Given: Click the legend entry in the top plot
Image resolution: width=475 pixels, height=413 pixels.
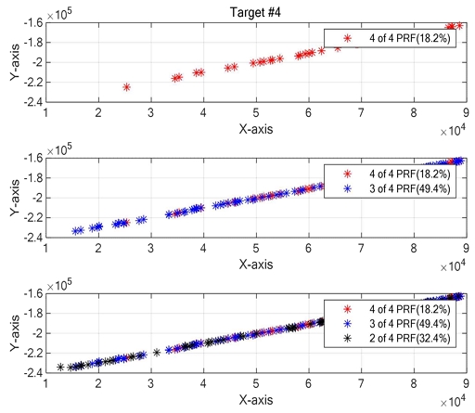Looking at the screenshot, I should point(390,38).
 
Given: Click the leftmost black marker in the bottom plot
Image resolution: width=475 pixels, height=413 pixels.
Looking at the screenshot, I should point(61,368).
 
